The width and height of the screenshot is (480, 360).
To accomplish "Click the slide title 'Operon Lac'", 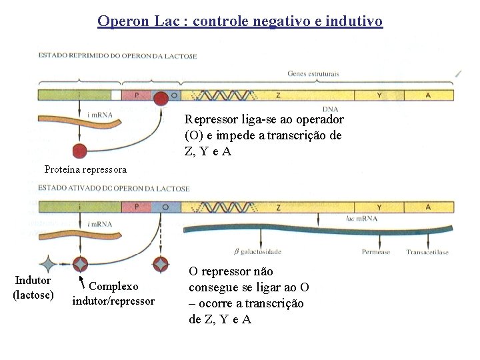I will click(x=240, y=21).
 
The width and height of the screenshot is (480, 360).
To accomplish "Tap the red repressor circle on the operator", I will click(x=160, y=99).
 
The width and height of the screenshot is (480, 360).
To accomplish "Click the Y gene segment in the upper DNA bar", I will click(x=379, y=95).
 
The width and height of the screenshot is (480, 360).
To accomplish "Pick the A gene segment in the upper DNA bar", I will click(x=427, y=95).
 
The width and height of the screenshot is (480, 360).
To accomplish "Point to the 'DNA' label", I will click(x=329, y=109).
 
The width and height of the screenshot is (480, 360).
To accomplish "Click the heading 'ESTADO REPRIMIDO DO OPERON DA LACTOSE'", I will click(x=117, y=56).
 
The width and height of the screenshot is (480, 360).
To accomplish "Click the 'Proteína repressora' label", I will click(x=85, y=170).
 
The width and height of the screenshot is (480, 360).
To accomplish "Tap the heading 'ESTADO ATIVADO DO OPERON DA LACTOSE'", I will click(x=113, y=189).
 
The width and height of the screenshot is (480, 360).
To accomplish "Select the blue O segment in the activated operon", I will click(x=165, y=207).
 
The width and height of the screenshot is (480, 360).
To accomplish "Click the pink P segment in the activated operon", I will click(x=137, y=207).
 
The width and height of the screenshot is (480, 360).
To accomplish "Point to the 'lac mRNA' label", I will click(x=362, y=219).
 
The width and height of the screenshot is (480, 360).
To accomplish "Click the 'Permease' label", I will click(x=376, y=252).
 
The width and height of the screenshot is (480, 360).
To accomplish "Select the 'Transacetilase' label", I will click(x=428, y=252).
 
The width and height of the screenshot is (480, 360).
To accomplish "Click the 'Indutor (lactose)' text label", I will click(x=33, y=287).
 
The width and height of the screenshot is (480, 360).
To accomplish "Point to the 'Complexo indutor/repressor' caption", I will click(x=113, y=293).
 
